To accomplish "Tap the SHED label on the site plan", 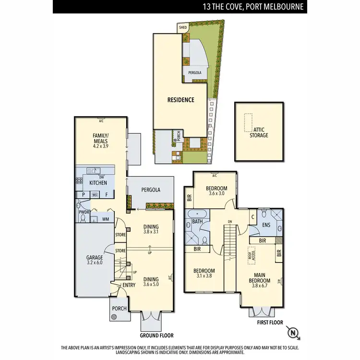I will tap(182, 28).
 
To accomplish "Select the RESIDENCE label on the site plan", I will tap(180, 100).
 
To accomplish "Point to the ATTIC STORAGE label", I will tap(259, 132).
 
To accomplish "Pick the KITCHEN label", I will tap(98, 183).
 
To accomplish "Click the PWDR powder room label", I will tap(83, 212).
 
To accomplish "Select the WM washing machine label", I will tap(105, 219).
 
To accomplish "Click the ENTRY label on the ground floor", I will tap(129, 285).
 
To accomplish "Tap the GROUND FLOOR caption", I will tap(156, 336).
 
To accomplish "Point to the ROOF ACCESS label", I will tap(250, 256).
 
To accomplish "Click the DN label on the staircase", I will tap(230, 222).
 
